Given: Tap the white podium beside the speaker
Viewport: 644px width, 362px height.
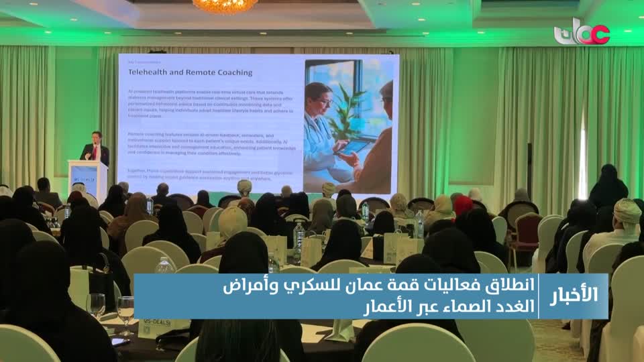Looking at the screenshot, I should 88,179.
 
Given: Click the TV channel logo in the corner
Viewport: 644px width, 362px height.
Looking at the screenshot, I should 581,32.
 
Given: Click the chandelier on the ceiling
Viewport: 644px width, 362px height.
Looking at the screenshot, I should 225,5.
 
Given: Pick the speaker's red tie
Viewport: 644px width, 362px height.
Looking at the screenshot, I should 96,152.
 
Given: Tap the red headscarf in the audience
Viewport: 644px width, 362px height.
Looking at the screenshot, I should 463,204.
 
